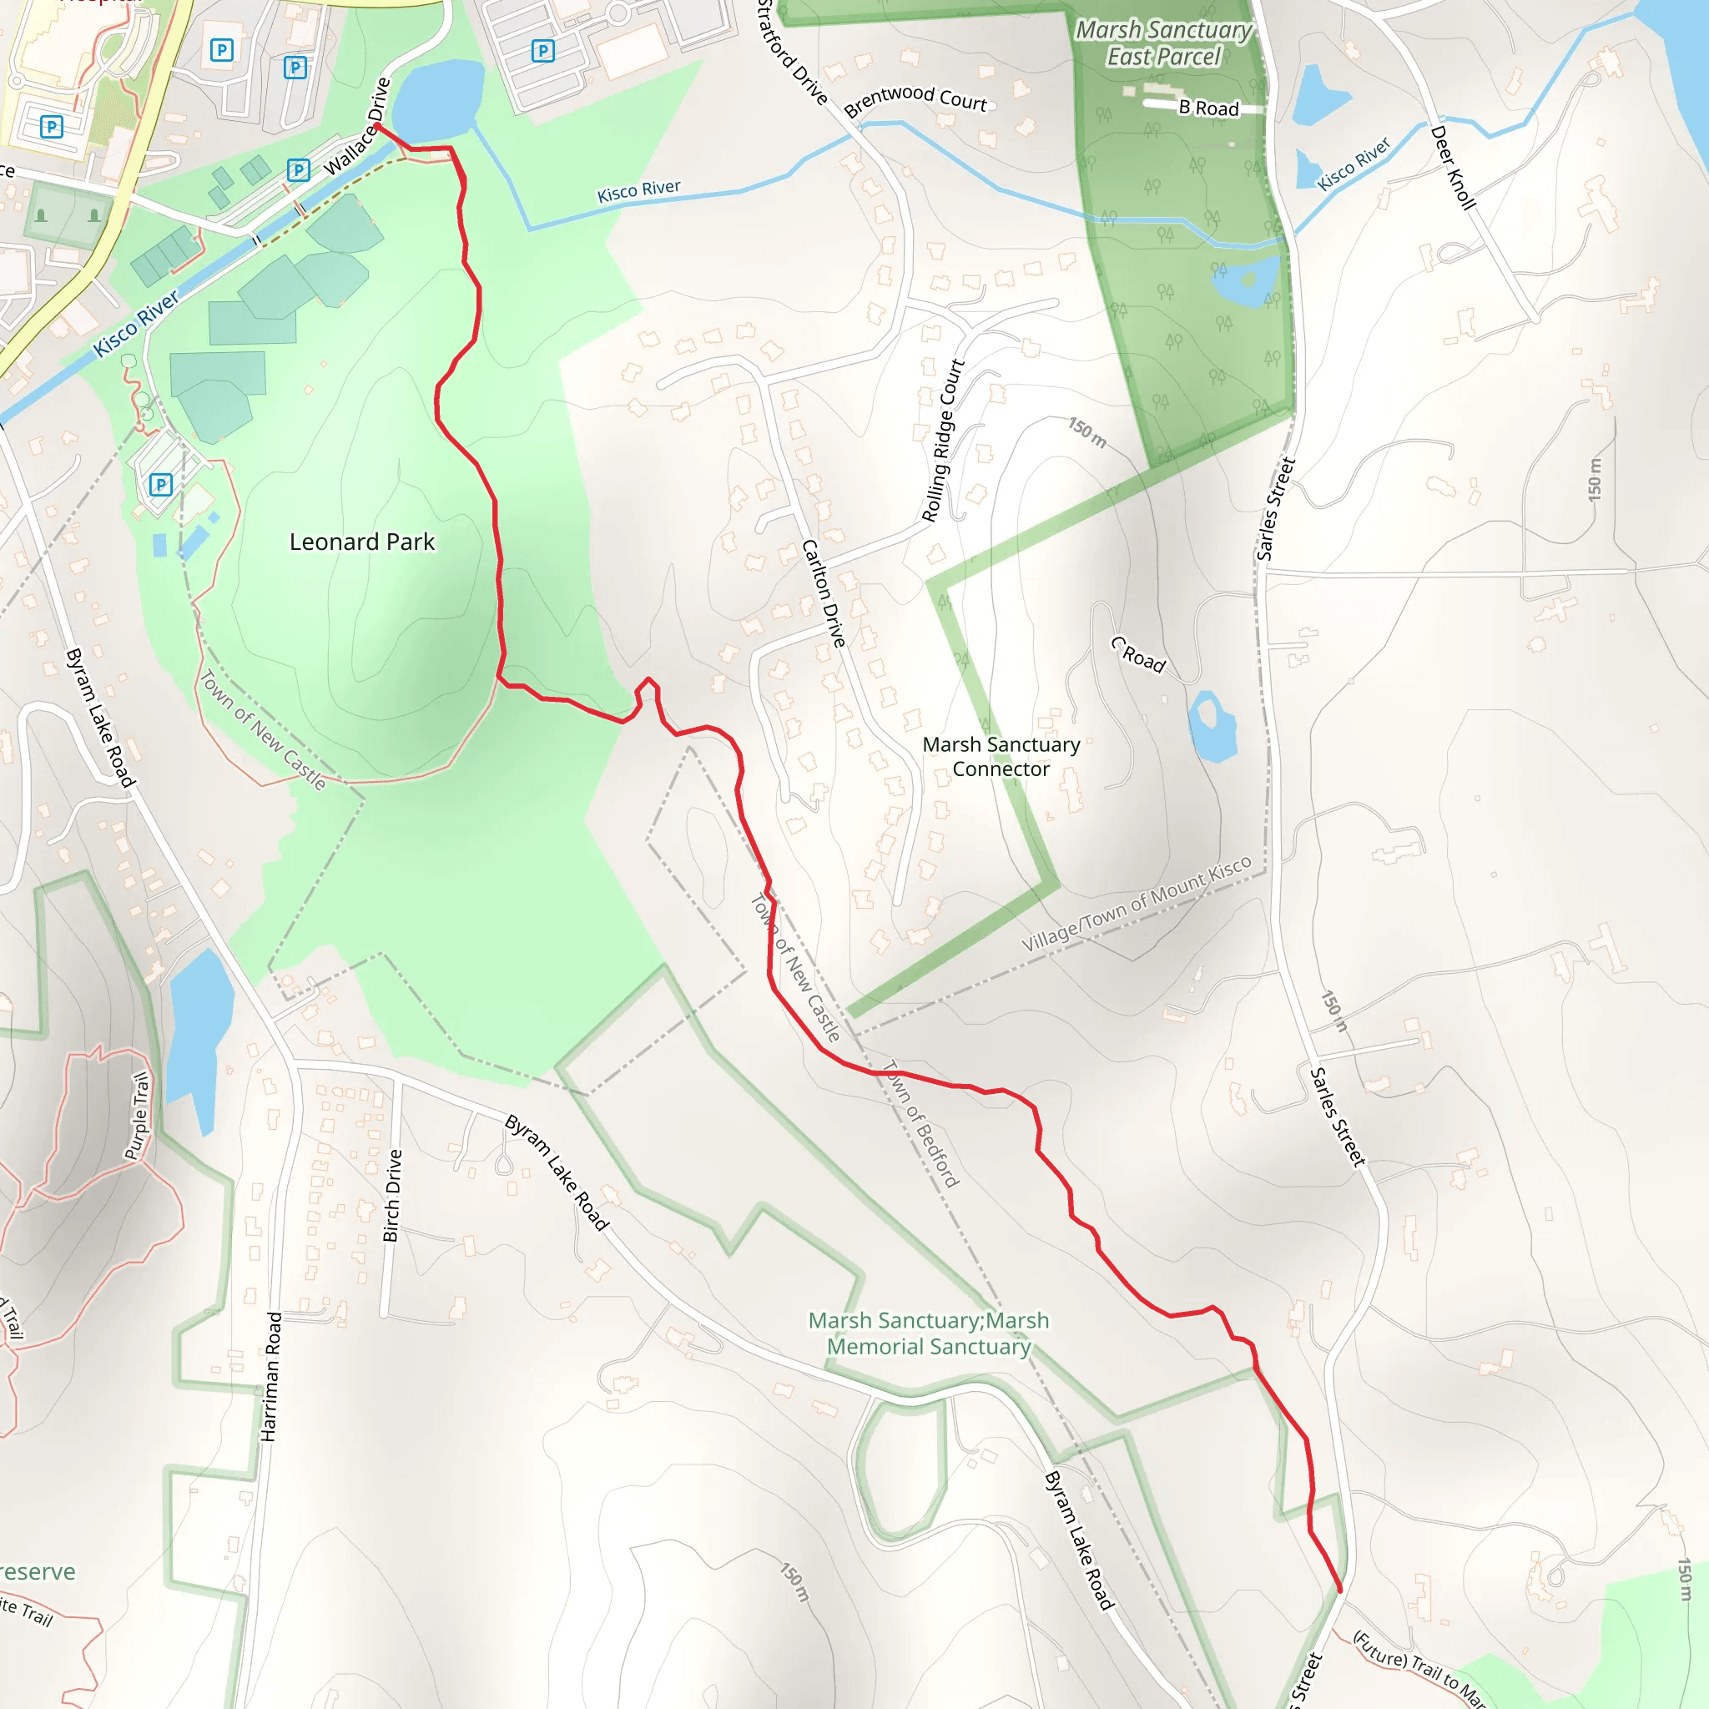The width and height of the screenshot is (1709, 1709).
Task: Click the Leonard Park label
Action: click(x=362, y=542)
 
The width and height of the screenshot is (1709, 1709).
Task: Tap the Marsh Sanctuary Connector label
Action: click(x=1001, y=757)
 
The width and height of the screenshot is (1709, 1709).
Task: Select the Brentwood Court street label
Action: click(x=915, y=100)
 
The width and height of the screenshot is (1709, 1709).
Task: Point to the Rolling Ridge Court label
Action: click(x=942, y=440)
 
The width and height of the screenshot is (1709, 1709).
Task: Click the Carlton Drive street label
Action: click(x=824, y=592)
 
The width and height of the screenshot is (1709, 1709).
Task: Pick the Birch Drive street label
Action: click(x=392, y=1195)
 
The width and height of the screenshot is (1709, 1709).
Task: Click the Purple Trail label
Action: click(x=137, y=1116)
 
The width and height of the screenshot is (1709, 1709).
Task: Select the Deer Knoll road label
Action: click(x=1453, y=167)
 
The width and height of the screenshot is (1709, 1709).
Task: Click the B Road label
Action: click(x=1208, y=108)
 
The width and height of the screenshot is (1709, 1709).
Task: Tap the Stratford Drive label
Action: click(x=792, y=53)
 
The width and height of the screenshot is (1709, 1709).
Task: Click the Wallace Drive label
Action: click(x=357, y=126)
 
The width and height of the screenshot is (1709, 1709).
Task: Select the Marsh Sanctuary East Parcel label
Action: click(x=1163, y=43)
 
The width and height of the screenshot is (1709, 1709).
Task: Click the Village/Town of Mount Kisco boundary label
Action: click(x=1136, y=904)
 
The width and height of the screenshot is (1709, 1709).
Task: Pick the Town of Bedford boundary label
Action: click(x=922, y=1123)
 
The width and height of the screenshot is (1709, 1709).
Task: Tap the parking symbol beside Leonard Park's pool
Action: click(x=160, y=484)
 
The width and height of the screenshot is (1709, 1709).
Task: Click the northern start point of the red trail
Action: click(x=378, y=127)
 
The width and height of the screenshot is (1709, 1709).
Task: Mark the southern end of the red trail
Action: click(x=1340, y=1591)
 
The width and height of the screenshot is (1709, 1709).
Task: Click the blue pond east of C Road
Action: click(x=1212, y=725)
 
